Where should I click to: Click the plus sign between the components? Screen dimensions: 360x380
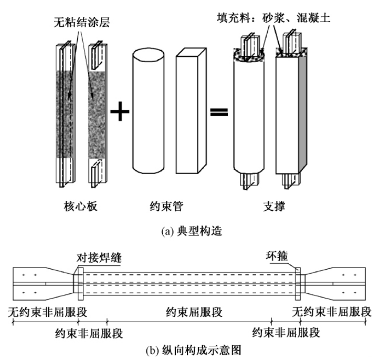(120, 112)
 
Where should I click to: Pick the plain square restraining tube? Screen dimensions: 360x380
(189, 110)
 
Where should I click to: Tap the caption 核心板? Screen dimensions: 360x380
(78, 207)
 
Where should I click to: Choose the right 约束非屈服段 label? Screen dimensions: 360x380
(286, 332)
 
